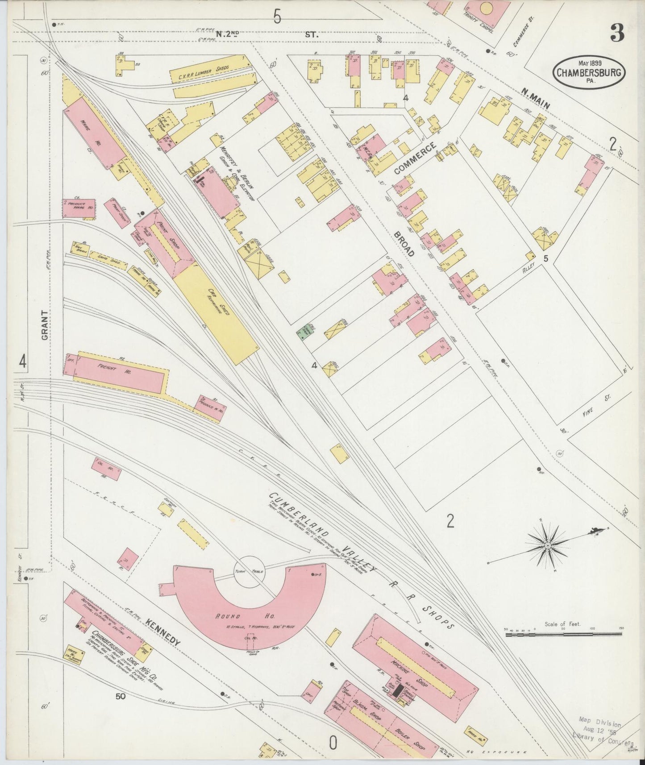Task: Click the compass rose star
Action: click(548, 545)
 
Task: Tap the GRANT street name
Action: click(45, 325)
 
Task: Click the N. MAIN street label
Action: click(535, 98)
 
